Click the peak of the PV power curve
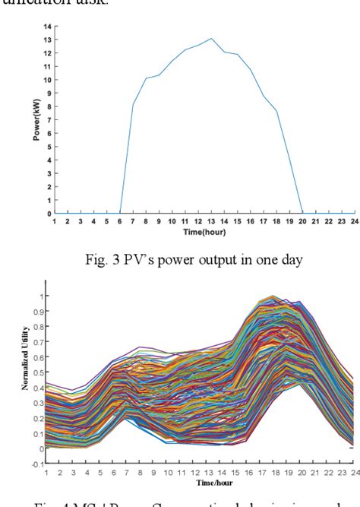point(211,39)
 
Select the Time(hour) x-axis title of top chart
point(200,230)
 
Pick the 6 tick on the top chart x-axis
point(119,221)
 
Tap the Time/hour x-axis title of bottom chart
point(198,482)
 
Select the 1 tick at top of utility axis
point(42,296)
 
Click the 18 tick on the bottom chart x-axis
point(273,473)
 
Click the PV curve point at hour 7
point(133,105)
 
